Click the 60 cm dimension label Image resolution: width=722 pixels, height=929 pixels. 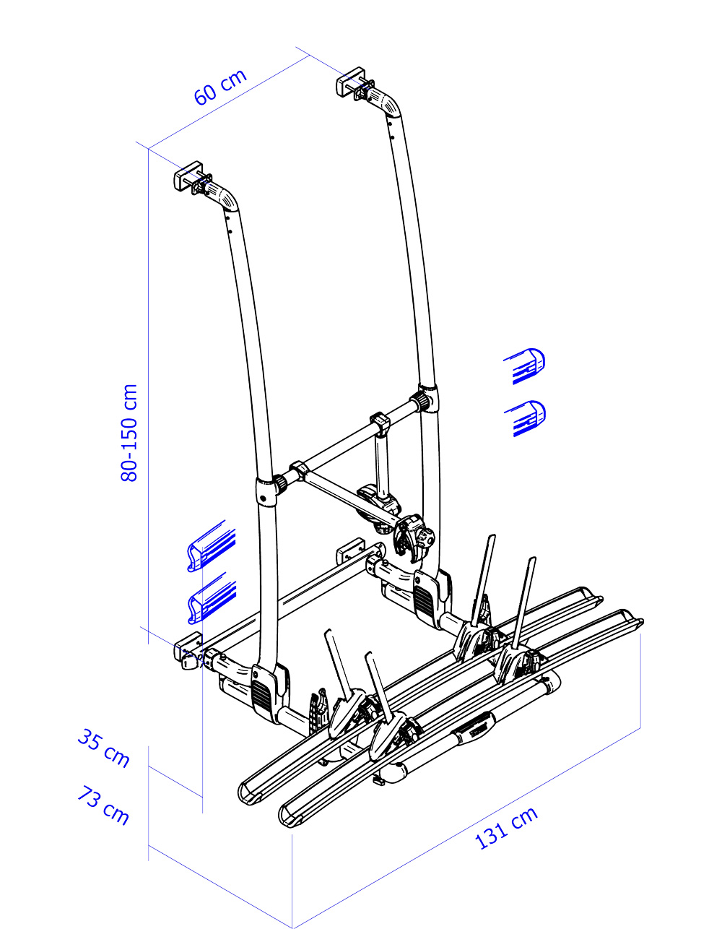click(220, 87)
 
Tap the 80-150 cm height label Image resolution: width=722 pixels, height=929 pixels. click(129, 433)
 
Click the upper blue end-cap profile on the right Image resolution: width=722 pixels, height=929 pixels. click(525, 366)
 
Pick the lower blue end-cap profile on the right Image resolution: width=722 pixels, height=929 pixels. click(525, 418)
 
